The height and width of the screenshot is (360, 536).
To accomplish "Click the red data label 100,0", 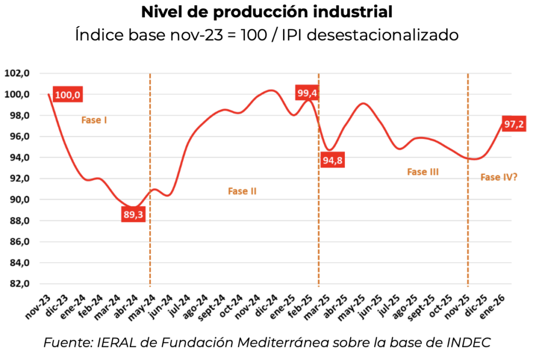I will point(68,95).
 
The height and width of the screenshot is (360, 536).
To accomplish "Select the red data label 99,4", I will point(307,94).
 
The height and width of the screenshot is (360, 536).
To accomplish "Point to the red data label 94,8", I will point(332,160).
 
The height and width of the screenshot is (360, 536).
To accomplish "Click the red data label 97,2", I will point(513,124).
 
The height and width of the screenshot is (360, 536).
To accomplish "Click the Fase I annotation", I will point(94,120).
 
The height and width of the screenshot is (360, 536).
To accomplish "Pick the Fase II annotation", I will point(242,191).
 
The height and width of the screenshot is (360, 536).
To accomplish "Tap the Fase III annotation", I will point(422,172).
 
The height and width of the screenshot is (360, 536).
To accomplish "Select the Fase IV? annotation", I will point(499,177).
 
